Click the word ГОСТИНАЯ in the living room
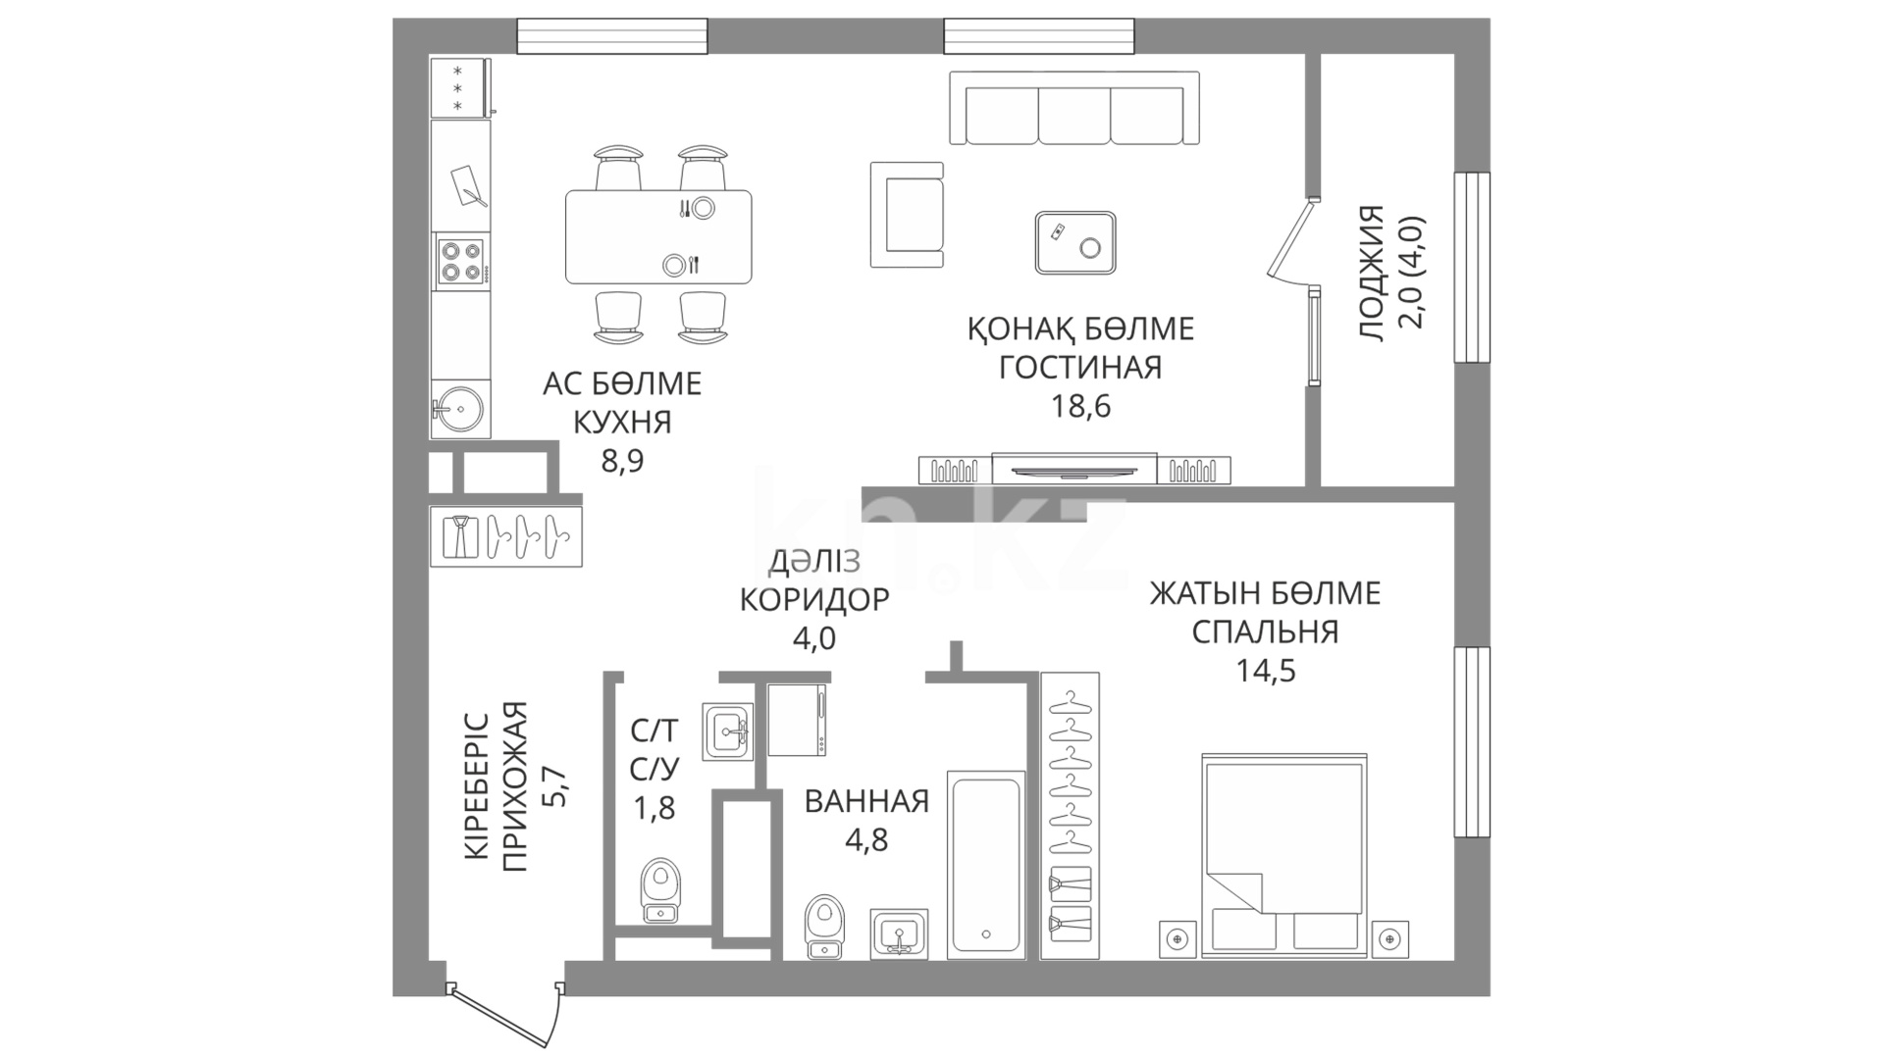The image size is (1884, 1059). pyautogui.click(x=1080, y=368)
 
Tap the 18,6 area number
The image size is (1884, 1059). pyautogui.click(x=1080, y=406)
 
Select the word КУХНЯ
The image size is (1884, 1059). pyautogui.click(x=622, y=423)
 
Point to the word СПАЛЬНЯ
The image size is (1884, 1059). pyautogui.click(x=1265, y=632)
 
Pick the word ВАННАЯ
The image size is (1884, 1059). pyautogui.click(x=866, y=801)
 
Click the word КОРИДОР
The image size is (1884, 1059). pyautogui.click(x=814, y=599)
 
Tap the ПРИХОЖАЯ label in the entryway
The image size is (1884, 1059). pyautogui.click(x=514, y=786)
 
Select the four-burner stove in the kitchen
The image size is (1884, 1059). pyautogui.click(x=461, y=261)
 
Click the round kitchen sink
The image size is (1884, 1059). pyautogui.click(x=458, y=407)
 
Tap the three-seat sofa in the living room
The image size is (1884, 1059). pyautogui.click(x=1073, y=109)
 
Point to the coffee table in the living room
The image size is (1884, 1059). pyautogui.click(x=1075, y=242)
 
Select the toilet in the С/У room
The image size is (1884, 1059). pyautogui.click(x=660, y=890)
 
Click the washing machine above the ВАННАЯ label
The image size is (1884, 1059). pyautogui.click(x=797, y=720)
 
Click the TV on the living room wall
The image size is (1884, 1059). pyautogui.click(x=1074, y=469)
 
